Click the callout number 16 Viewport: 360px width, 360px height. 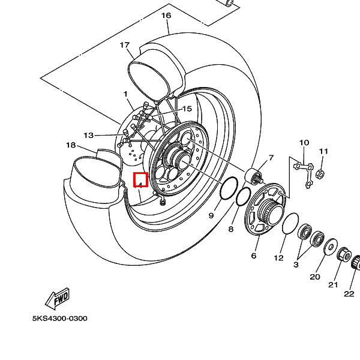tap(166, 15)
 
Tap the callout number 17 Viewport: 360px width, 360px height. tap(125, 45)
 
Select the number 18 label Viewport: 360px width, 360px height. tap(71, 145)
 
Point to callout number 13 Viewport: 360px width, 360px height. tap(89, 135)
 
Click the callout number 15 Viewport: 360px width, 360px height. tap(187, 109)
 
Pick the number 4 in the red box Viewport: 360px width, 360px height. tap(140, 179)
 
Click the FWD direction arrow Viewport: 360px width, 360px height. tap(58, 298)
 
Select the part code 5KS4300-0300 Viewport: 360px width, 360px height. tap(59, 319)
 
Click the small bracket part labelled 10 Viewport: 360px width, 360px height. tap(304, 167)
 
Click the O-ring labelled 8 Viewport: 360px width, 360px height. tap(244, 196)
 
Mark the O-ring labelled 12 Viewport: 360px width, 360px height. tap(291, 223)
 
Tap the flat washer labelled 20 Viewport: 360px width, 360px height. tap(329, 246)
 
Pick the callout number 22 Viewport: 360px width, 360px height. tap(349, 293)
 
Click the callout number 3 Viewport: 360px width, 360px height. tap(296, 264)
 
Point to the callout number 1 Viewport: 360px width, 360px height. tap(126, 94)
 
